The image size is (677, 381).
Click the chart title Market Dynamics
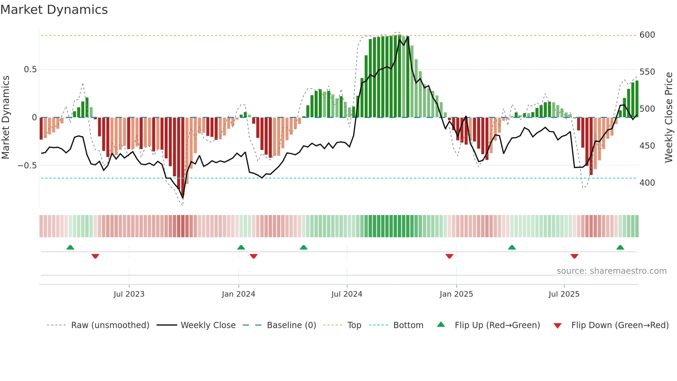(54, 10)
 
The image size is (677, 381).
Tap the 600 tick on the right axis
(647, 35)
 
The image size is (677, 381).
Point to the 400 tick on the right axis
(647, 183)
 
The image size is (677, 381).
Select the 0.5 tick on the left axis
(30, 69)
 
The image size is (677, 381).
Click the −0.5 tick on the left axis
(27, 166)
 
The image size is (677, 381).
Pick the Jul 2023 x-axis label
(129, 294)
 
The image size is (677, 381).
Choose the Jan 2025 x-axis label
(456, 294)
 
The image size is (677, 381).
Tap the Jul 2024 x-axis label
(347, 294)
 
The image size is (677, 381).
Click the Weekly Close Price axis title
(669, 118)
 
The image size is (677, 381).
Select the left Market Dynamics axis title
(6, 118)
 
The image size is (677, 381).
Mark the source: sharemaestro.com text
(611, 271)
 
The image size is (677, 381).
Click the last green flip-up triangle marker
(620, 248)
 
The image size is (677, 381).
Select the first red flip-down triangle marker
(95, 256)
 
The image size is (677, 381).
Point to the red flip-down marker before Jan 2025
(449, 256)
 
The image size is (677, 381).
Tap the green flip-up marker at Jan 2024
(241, 248)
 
